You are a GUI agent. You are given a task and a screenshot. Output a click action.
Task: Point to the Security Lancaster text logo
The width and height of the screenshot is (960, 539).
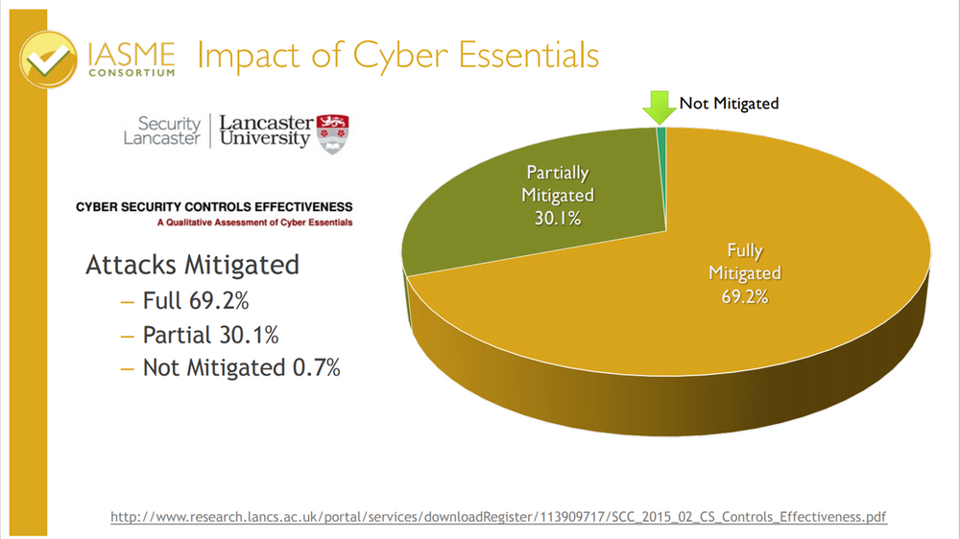click(x=162, y=130)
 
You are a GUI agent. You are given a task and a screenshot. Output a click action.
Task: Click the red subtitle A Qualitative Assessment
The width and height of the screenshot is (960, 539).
click(x=254, y=223)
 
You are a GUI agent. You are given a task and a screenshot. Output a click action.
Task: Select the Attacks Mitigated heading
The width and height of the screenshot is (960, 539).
click(x=192, y=265)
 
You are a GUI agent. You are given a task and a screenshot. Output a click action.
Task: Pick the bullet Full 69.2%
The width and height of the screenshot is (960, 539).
click(x=196, y=301)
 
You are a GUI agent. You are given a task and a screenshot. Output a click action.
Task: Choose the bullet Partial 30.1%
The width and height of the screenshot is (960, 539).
click(x=210, y=335)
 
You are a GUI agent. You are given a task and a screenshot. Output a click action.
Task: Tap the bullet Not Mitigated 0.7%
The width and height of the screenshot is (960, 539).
click(x=241, y=367)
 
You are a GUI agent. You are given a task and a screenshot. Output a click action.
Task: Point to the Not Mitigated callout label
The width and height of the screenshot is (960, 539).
click(x=729, y=103)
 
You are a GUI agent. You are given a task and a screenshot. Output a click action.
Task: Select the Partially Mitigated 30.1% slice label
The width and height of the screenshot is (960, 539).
click(x=558, y=195)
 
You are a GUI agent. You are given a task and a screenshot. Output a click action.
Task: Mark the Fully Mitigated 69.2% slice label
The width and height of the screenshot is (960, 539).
click(x=745, y=273)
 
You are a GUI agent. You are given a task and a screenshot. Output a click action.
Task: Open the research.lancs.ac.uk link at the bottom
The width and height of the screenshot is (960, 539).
click(x=499, y=517)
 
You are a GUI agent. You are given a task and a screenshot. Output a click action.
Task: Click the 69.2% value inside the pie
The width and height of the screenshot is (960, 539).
click(x=745, y=296)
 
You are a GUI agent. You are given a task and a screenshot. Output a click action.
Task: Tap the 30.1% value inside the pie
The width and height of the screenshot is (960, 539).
click(x=558, y=217)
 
